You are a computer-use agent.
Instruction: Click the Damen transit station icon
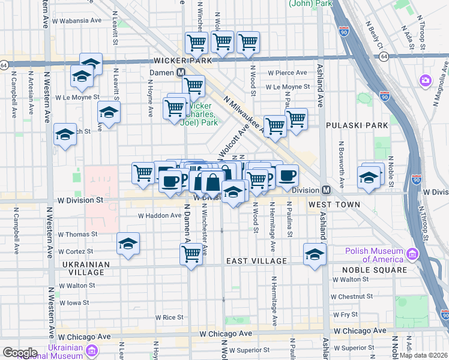point(180,73)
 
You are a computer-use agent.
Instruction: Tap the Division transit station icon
point(326,190)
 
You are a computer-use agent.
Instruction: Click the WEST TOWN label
point(334,205)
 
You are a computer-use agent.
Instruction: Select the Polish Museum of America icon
point(412,254)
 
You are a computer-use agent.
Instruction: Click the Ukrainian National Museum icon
point(92,350)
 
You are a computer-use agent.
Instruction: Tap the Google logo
point(20,352)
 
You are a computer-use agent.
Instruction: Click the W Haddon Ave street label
point(159,215)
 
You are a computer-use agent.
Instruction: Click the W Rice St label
point(169,317)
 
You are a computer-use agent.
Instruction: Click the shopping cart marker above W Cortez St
point(191,253)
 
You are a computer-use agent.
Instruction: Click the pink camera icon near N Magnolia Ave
point(426,80)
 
